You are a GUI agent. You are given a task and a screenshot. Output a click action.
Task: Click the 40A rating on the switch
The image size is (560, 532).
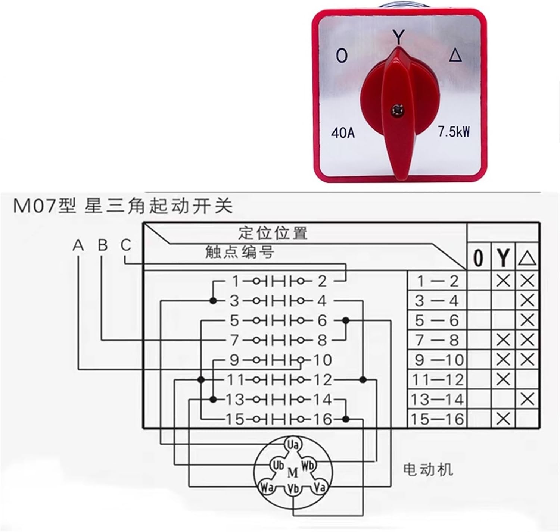tap(342, 133)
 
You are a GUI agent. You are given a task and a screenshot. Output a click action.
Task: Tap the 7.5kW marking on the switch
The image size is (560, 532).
tap(454, 132)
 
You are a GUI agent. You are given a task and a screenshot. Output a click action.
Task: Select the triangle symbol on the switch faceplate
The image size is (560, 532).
tap(455, 56)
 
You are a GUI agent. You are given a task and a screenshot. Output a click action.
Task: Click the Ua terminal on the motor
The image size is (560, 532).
tap(293, 445)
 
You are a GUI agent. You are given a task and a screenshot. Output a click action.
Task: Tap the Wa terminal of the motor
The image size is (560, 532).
tap(266, 487)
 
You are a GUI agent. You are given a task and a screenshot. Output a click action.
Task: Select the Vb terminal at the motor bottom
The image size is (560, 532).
tap(293, 489)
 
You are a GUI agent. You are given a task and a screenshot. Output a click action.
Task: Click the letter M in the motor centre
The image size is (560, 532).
tap(293, 473)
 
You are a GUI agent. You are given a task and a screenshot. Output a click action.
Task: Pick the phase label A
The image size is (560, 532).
tap(78, 245)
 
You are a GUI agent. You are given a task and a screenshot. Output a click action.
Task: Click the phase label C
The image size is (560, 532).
tap(126, 245)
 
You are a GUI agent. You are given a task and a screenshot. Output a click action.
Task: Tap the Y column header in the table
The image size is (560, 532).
tap(503, 257)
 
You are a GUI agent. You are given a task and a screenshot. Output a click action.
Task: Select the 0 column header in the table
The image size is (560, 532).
tap(478, 257)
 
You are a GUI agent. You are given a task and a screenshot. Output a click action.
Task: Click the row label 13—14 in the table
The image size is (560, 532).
tap(437, 400)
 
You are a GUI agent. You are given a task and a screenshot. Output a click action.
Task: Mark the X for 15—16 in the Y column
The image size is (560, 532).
tap(503, 419)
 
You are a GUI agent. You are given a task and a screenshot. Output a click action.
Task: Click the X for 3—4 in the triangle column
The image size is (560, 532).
tap(527, 300)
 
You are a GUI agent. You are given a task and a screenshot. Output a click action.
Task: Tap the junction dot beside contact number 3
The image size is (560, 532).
tap(213, 301)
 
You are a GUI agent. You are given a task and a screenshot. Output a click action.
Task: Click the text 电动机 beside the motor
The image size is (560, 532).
tap(428, 469)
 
